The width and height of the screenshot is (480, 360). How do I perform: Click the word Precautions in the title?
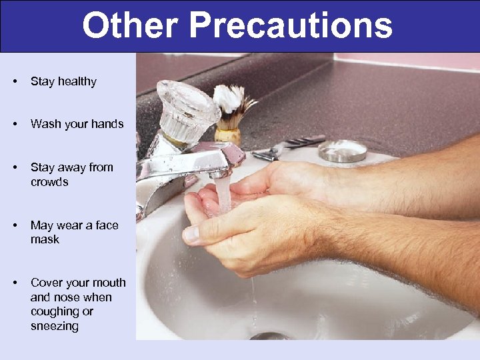click(291, 26)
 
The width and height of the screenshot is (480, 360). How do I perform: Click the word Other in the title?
click(131, 26)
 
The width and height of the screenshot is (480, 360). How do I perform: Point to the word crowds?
click(49, 182)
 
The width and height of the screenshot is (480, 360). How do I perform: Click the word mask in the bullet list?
click(45, 239)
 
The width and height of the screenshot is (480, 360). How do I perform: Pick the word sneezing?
click(55, 326)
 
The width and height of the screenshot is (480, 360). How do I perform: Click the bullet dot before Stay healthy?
click(15, 81)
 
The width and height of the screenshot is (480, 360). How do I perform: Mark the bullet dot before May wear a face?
click(15, 225)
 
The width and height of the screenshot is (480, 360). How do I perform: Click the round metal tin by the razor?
click(342, 151)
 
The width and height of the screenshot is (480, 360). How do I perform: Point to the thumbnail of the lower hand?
click(191, 234)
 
